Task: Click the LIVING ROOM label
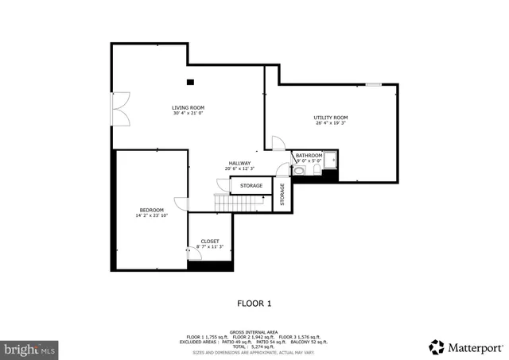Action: [188, 107]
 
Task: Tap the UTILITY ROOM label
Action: [331, 118]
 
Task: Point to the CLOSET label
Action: [210, 241]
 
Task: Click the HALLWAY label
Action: [239, 163]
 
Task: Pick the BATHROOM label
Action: [309, 155]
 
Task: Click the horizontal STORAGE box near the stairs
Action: [251, 186]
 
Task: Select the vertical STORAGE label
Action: [282, 195]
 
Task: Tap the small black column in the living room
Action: [190, 82]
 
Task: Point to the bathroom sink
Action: [299, 169]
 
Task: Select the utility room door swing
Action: [278, 143]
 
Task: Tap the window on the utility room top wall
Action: [372, 83]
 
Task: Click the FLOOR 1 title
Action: [254, 303]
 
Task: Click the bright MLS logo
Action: [30, 348]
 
